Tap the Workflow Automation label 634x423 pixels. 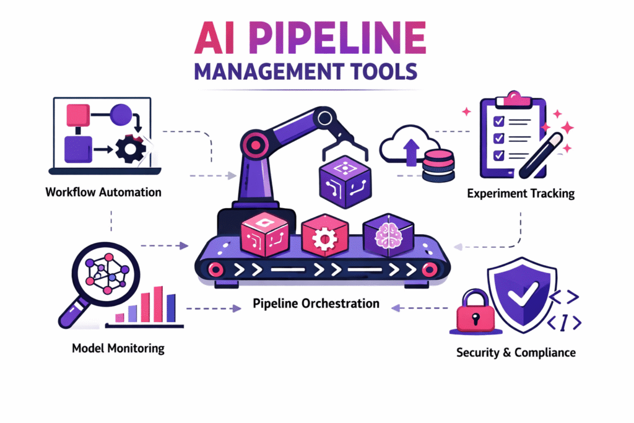[x=103, y=192]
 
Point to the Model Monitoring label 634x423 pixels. [x=118, y=348]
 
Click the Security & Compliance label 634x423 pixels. [x=516, y=352]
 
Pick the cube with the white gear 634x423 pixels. [x=323, y=237]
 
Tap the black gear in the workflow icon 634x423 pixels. [x=131, y=149]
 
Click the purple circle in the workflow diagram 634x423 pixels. [x=120, y=115]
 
